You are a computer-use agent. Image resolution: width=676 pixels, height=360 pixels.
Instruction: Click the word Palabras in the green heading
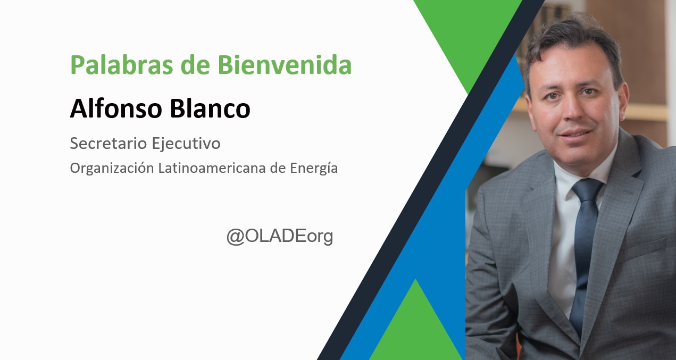click(122, 65)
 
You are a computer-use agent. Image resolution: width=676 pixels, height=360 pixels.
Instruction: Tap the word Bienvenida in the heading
click(285, 64)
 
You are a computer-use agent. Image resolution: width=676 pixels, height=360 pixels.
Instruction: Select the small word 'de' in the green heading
click(195, 64)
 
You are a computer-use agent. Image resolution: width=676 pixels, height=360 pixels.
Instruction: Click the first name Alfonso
click(116, 108)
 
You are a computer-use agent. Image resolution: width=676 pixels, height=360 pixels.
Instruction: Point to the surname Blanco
click(210, 108)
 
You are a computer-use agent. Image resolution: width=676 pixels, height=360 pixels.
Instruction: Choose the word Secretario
click(109, 143)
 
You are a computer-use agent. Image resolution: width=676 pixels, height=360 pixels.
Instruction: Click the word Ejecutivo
click(186, 144)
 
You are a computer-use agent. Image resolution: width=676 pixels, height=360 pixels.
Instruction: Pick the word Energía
click(314, 169)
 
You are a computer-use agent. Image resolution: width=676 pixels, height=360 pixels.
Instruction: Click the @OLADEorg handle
click(280, 237)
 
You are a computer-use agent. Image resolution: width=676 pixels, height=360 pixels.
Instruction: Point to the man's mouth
click(575, 133)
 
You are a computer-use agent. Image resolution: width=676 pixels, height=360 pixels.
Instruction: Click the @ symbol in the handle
click(236, 237)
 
